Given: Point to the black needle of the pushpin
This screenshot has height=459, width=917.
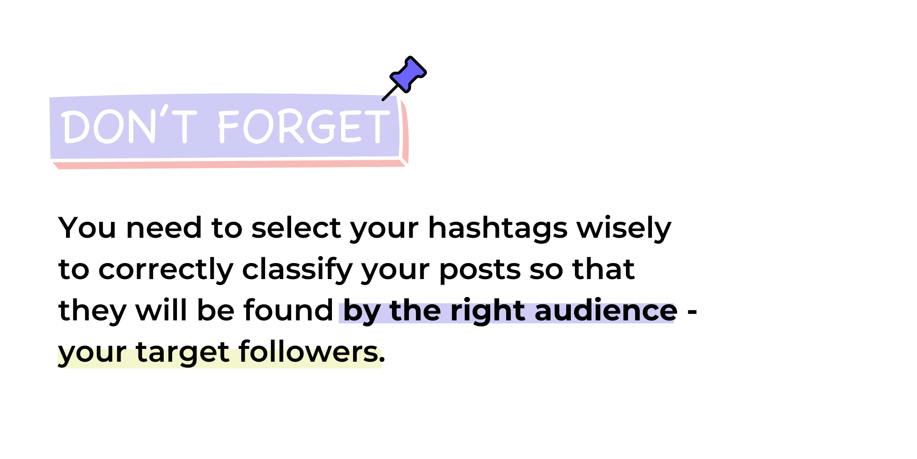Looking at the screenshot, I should [x=390, y=92].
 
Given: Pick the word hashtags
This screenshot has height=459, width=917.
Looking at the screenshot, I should [x=497, y=228].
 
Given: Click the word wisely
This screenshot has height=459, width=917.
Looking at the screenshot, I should [x=624, y=228].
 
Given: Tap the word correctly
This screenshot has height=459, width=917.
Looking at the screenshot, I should [x=166, y=269].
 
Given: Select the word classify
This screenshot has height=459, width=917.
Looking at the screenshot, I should [x=297, y=269].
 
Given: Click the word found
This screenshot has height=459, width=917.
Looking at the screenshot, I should [x=288, y=311].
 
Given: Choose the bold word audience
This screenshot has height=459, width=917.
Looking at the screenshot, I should [x=606, y=311].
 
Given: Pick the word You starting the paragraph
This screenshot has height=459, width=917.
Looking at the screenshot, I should [x=87, y=228].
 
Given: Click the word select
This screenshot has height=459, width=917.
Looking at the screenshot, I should [x=296, y=228].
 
